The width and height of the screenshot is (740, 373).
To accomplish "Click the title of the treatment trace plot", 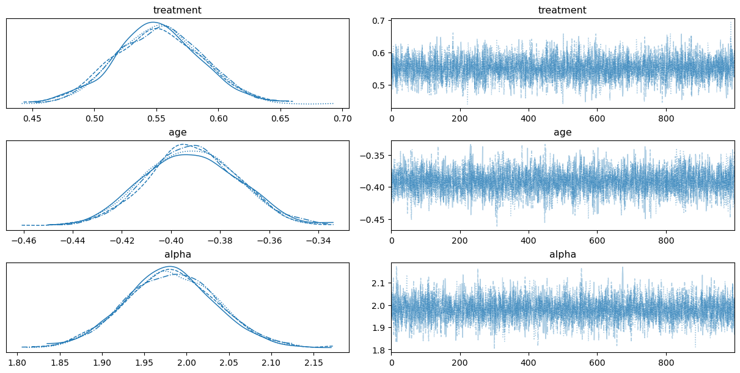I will (x=562, y=10).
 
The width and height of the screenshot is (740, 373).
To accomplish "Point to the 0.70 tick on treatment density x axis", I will (x=342, y=118).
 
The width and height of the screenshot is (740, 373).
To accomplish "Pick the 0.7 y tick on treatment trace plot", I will (x=380, y=21).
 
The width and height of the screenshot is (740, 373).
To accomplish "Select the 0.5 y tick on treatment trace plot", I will (x=380, y=85).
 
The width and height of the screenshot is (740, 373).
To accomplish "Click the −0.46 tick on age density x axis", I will (x=23, y=240).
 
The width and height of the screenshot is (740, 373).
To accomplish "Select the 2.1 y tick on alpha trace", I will (x=380, y=283).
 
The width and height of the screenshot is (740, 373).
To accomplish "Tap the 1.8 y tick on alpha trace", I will (x=380, y=350).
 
